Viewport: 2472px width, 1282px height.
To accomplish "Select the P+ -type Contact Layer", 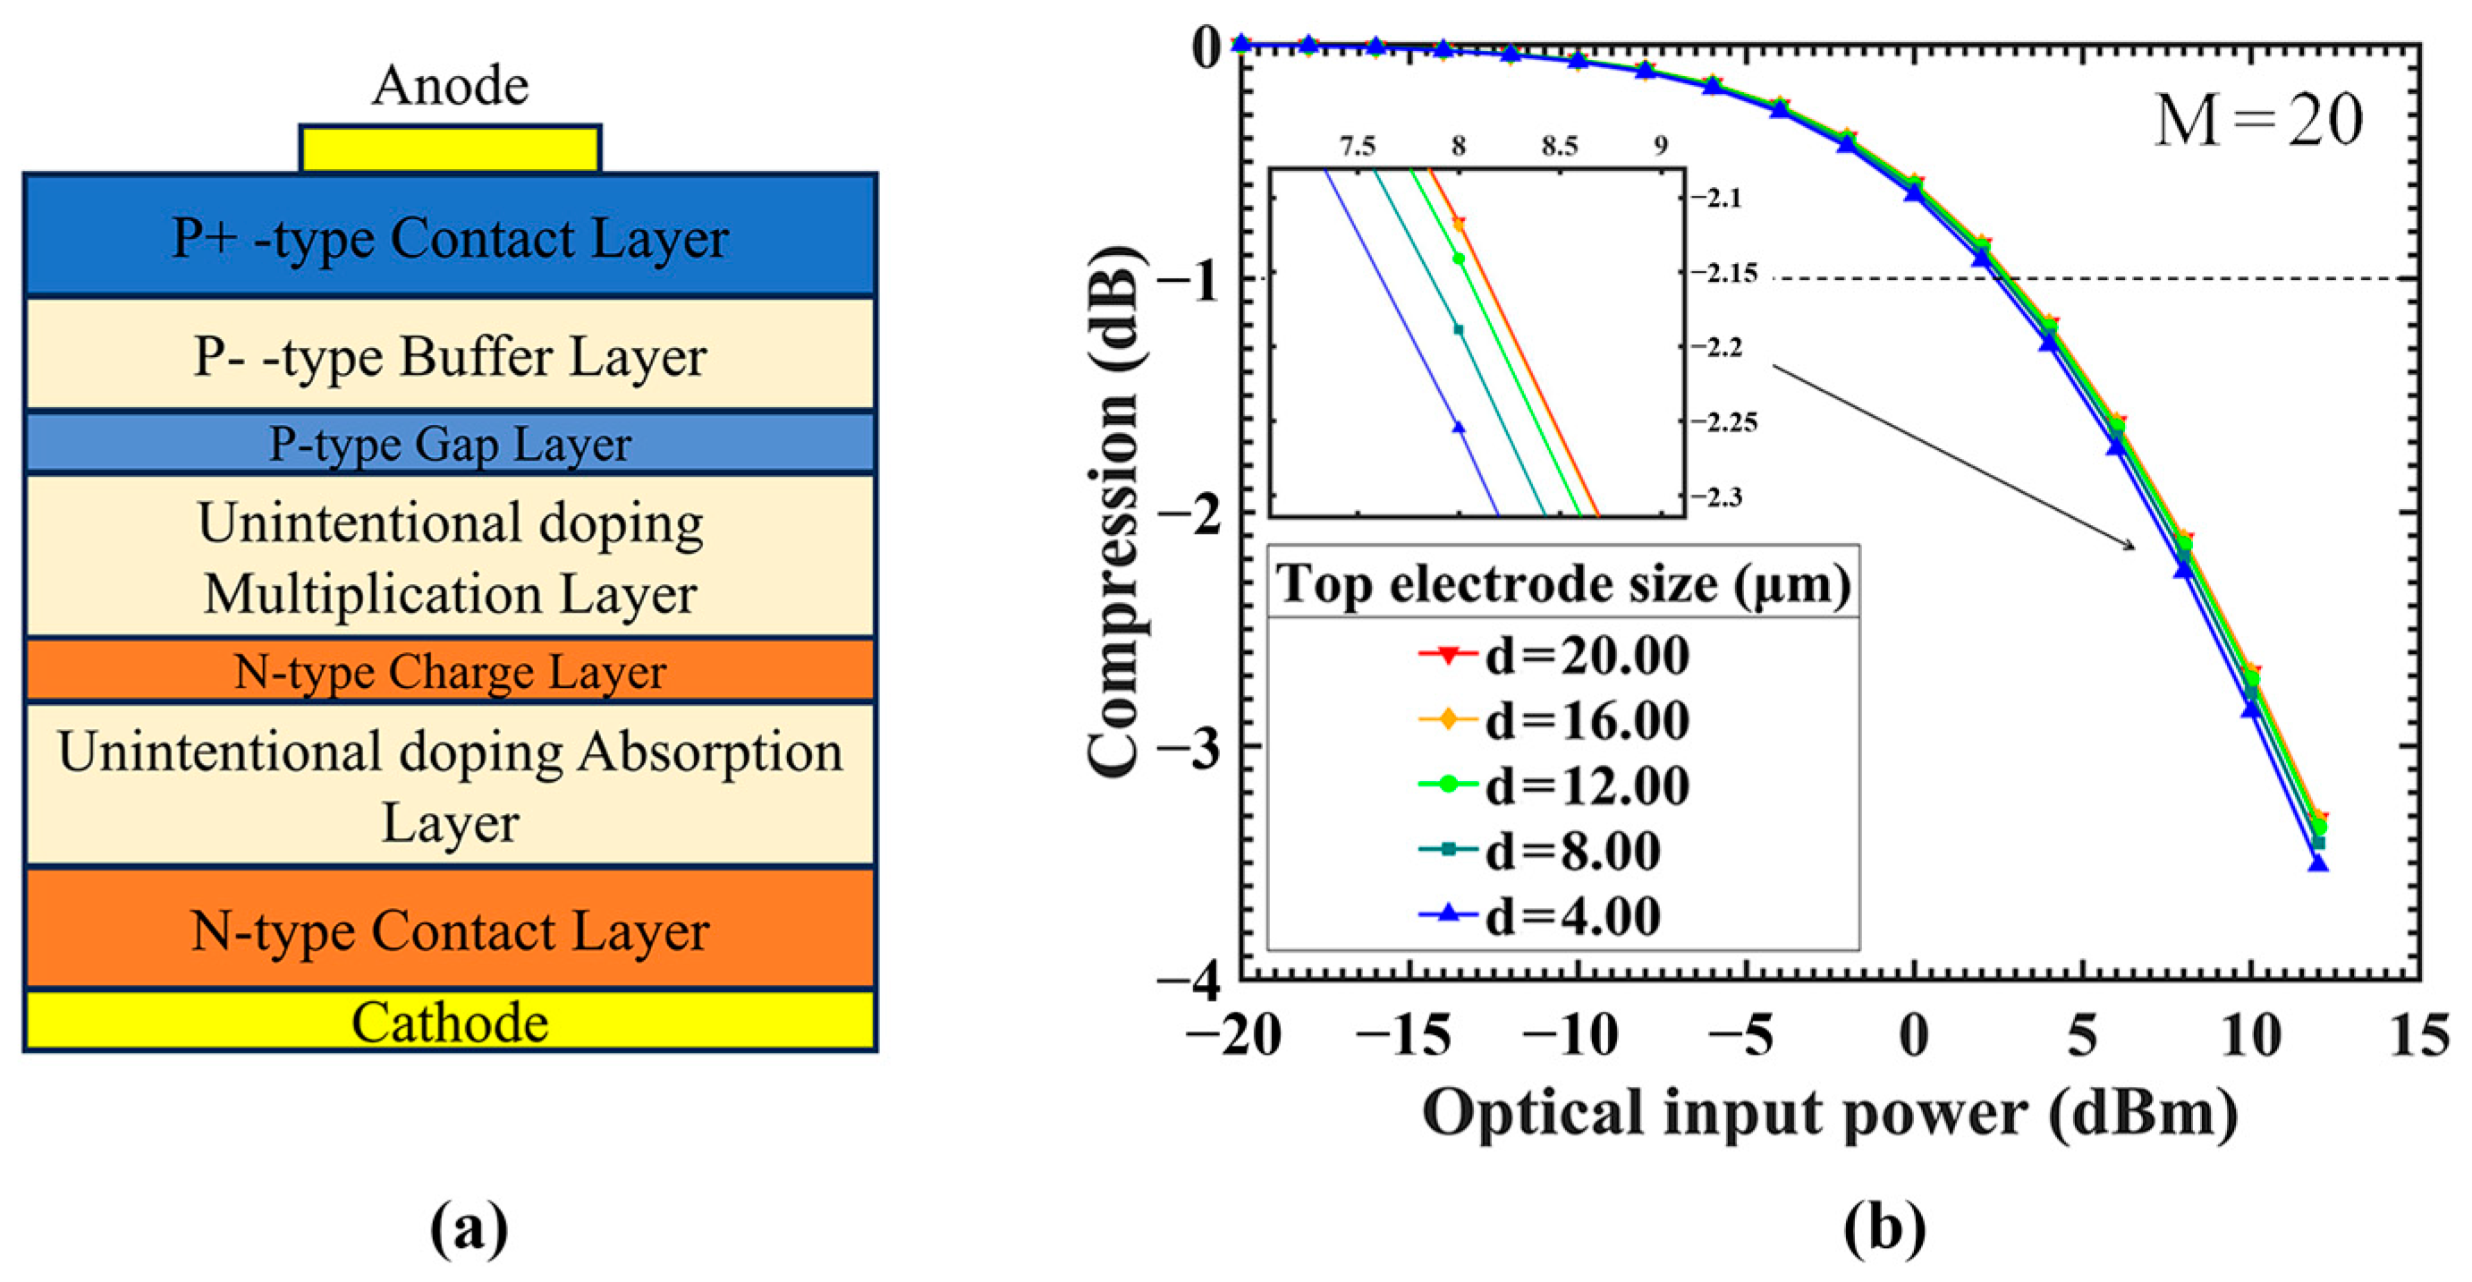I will (x=450, y=236).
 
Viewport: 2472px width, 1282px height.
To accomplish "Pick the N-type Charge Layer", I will (x=450, y=671).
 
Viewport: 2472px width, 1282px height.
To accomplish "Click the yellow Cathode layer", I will (x=450, y=1022).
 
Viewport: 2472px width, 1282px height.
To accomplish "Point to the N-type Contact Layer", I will (x=450, y=929).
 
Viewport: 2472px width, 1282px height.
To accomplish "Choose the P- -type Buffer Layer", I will (x=450, y=355).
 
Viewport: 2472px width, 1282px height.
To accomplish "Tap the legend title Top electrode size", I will (x=1562, y=583).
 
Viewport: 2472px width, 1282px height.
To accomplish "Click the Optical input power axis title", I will (x=1829, y=1113).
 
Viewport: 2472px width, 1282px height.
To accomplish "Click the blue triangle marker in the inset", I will (x=1459, y=427).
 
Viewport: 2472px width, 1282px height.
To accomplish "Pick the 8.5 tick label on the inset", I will (x=1560, y=147).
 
